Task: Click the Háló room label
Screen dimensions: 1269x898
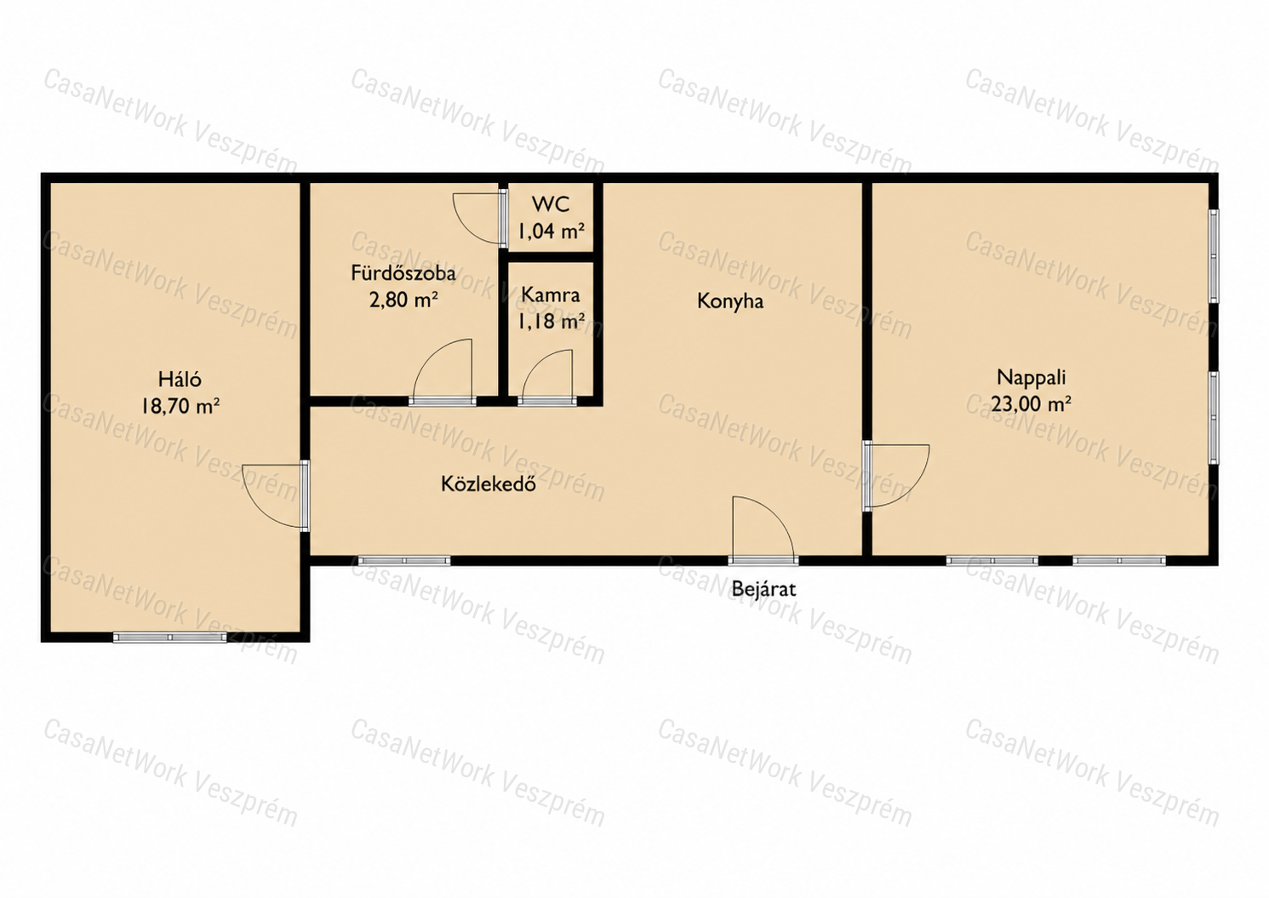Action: [x=180, y=379]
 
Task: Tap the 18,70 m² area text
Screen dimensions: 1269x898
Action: [x=180, y=406]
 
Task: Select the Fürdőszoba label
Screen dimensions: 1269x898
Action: [x=403, y=273]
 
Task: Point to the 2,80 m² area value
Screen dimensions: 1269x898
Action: [x=403, y=300]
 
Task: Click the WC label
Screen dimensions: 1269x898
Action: [x=551, y=204]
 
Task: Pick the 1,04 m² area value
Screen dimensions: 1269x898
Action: [x=551, y=231]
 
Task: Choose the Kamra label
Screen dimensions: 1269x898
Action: [x=551, y=295]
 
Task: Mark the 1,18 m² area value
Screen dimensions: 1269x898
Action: [x=551, y=322]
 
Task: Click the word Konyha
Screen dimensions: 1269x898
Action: [x=730, y=301]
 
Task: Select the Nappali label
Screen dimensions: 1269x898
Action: [x=1031, y=377]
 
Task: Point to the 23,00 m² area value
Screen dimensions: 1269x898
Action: [x=1031, y=404]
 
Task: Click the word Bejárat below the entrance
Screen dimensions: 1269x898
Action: [x=763, y=589]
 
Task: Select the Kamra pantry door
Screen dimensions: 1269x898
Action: [x=547, y=378]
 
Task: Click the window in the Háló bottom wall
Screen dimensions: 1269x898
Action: [x=170, y=638]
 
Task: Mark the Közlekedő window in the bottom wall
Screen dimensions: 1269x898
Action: [x=404, y=561]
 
